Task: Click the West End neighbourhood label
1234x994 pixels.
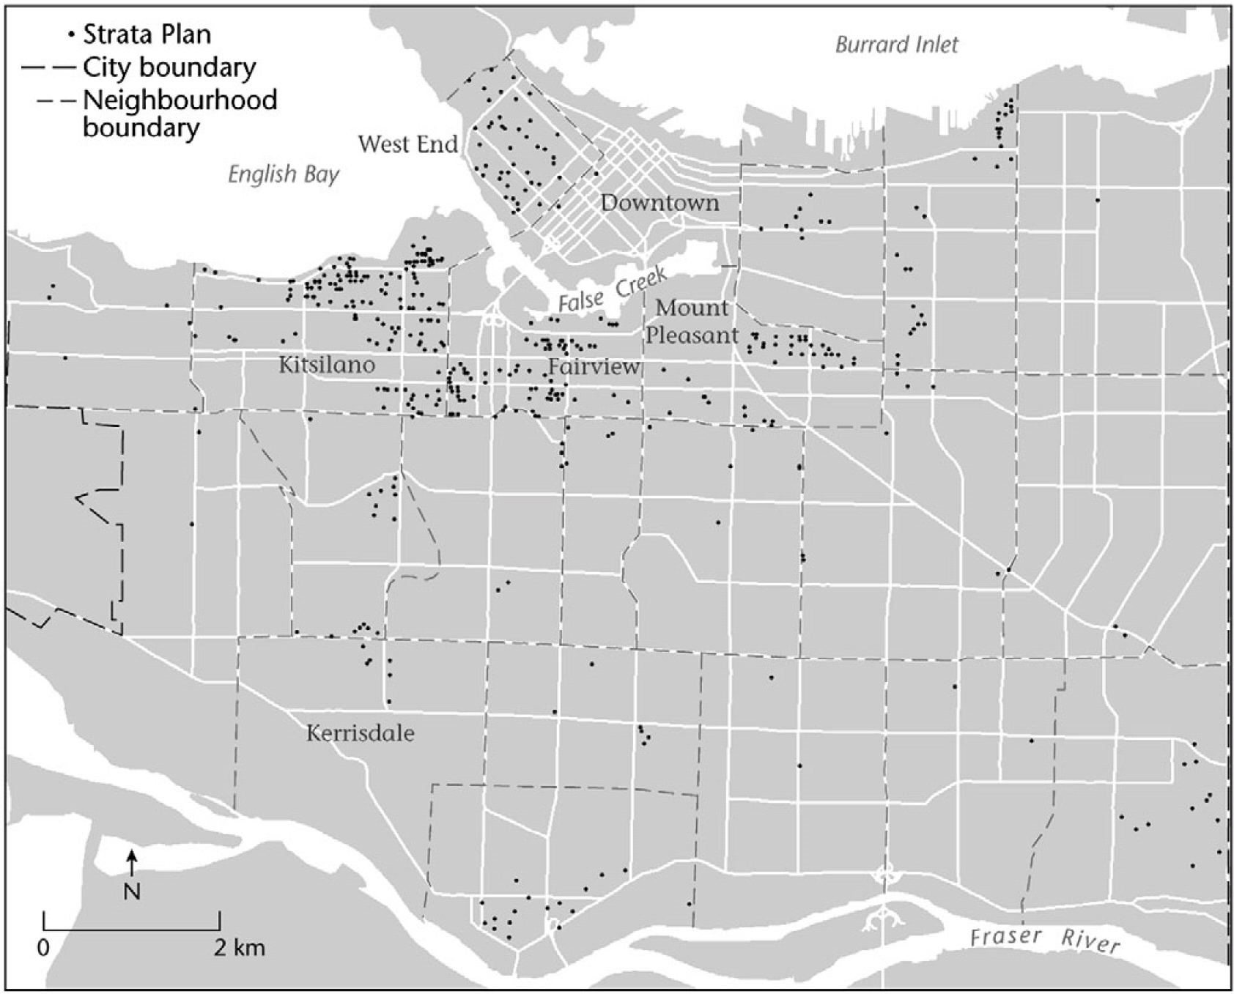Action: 407,144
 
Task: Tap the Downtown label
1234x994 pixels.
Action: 660,203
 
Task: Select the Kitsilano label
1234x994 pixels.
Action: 327,365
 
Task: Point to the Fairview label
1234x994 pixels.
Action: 594,366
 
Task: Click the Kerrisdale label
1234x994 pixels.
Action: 360,733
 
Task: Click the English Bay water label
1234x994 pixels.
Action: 284,174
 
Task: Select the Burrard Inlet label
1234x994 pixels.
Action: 896,45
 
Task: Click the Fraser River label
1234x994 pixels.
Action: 1045,939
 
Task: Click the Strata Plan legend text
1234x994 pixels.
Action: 147,34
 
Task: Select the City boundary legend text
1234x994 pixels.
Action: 169,67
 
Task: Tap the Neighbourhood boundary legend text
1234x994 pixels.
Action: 180,113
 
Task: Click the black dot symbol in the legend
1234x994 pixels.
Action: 70,34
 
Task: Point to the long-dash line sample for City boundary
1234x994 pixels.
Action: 48,67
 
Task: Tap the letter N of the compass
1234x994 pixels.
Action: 132,891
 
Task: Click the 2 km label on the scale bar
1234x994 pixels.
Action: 239,948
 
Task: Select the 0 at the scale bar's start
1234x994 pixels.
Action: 44,948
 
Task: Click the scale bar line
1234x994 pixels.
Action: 132,930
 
